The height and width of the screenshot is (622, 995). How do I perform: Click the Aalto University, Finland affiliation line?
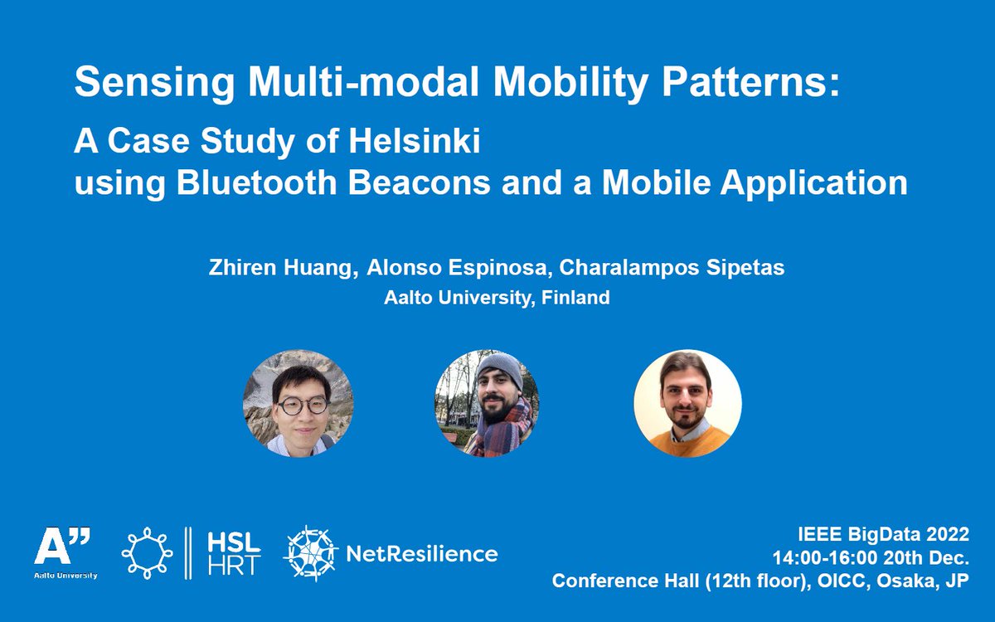pyautogui.click(x=497, y=298)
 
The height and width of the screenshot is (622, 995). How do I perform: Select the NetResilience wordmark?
pyautogui.click(x=420, y=553)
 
